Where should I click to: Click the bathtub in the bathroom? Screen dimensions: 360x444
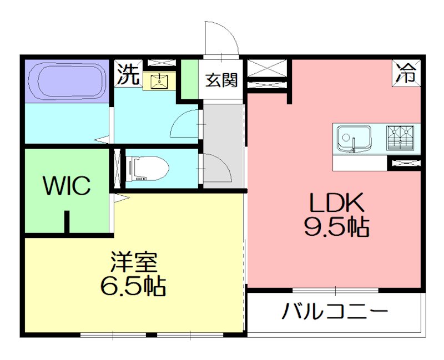[x=66, y=80]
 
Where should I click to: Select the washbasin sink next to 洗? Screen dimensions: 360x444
[x=159, y=82]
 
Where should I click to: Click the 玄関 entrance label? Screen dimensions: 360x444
[x=221, y=80]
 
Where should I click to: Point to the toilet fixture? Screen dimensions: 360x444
[x=148, y=168]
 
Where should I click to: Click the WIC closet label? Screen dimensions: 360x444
[x=67, y=186]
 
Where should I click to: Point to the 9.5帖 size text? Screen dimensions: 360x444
[x=336, y=227]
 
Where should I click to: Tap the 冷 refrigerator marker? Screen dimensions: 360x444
[x=407, y=73]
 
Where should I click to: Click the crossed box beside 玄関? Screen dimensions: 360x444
[x=267, y=69]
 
